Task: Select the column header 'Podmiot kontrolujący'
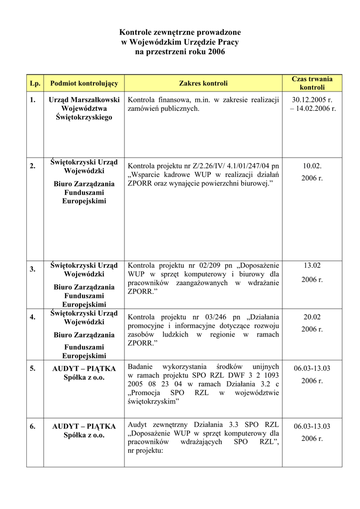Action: pos(84,83)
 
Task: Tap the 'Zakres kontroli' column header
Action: pos(203,83)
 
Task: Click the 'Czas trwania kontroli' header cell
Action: pos(312,83)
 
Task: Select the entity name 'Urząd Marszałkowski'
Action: pos(84,99)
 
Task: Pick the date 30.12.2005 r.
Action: pos(312,99)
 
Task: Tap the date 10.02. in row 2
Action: pos(312,166)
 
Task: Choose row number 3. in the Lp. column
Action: pos(32,269)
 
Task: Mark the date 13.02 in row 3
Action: pos(312,265)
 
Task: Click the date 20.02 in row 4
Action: pos(312,317)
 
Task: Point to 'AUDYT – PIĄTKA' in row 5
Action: pos(84,369)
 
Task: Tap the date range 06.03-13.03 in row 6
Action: pos(312,426)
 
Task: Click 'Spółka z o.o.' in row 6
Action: pos(84,435)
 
